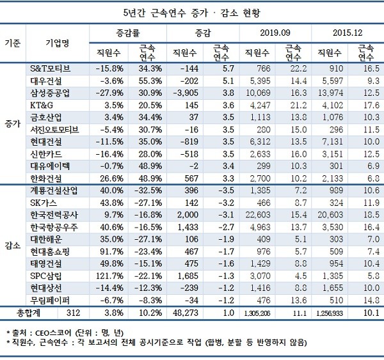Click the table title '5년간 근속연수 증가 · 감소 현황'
pyautogui.click(x=192, y=13)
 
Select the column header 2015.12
pyautogui.click(x=346, y=32)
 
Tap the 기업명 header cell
pyautogui.click(x=58, y=42)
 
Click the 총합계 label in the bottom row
pyautogui.click(x=27, y=313)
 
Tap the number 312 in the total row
pyautogui.click(x=73, y=313)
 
